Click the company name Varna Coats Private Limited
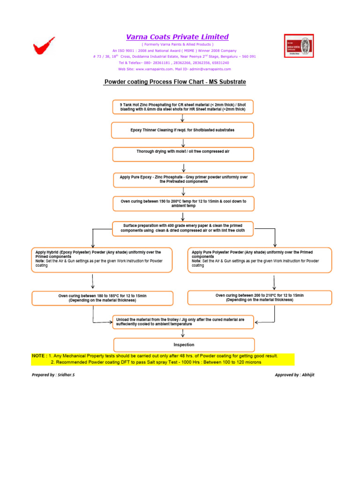click(x=177, y=37)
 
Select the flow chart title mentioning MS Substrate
click(x=175, y=82)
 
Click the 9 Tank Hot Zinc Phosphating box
click(x=183, y=106)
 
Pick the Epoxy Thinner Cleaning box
click(x=183, y=130)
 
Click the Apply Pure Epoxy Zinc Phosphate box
click(x=183, y=179)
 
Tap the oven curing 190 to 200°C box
click(x=183, y=203)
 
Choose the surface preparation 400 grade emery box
click(x=183, y=228)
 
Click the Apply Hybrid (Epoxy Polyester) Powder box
click(x=102, y=260)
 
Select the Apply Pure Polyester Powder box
click(x=259, y=260)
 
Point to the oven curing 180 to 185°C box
click(x=102, y=298)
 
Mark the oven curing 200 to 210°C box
click(x=259, y=298)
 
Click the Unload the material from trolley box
click(x=183, y=322)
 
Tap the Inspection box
click(x=184, y=345)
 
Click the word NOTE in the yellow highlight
click(x=39, y=356)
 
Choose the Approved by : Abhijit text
click(x=294, y=375)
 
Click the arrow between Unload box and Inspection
click(x=183, y=333)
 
